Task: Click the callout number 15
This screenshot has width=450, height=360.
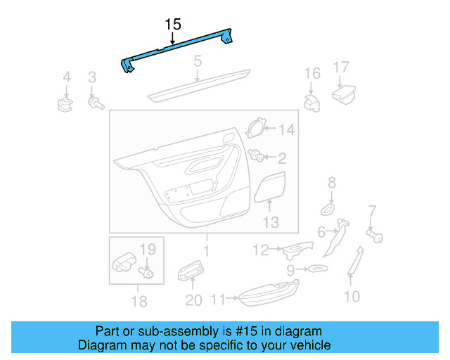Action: (174, 25)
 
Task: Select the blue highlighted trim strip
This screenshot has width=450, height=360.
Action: (179, 48)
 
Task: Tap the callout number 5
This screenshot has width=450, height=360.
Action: (198, 61)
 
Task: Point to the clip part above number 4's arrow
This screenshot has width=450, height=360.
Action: (65, 105)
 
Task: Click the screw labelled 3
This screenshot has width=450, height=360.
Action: (94, 103)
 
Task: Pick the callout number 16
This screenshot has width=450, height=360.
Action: (311, 73)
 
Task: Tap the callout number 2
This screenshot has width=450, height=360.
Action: (281, 158)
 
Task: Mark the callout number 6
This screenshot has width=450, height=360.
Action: (321, 231)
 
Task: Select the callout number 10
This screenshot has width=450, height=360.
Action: (351, 297)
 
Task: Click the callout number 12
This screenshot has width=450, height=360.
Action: (261, 249)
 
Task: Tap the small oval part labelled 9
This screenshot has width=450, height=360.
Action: (316, 269)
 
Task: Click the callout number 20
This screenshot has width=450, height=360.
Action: (193, 300)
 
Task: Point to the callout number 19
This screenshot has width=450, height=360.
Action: (147, 248)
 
